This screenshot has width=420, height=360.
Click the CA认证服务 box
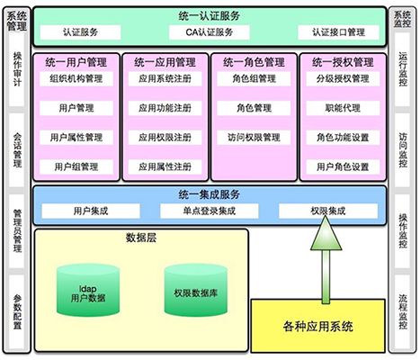pyautogui.click(x=210, y=32)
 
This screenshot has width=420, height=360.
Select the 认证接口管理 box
pyautogui.click(x=338, y=32)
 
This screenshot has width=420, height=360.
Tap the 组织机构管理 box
pyautogui.click(x=76, y=79)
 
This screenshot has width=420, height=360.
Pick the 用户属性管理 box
pyautogui.click(x=76, y=138)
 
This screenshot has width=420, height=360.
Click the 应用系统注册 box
pyautogui.click(x=165, y=79)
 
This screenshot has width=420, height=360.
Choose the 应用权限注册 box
pyautogui.click(x=165, y=138)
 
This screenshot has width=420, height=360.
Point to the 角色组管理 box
pyautogui.click(x=254, y=79)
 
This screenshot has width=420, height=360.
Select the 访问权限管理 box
pyautogui.click(x=254, y=138)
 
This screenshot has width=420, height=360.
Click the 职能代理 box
pyautogui.click(x=343, y=108)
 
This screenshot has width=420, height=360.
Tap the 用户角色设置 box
pyautogui.click(x=343, y=166)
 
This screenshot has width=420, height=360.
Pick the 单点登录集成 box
pyautogui.click(x=210, y=211)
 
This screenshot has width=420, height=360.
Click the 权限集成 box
pyautogui.click(x=328, y=211)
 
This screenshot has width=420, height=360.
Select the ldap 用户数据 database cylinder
pyautogui.click(x=88, y=290)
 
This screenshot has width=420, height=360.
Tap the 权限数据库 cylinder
pyautogui.click(x=196, y=290)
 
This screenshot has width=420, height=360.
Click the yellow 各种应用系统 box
pyautogui.click(x=317, y=326)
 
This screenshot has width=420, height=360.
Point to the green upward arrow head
pyautogui.click(x=326, y=234)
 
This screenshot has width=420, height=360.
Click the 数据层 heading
pyautogui.click(x=141, y=238)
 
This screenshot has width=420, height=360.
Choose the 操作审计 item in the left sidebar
pyautogui.click(x=17, y=69)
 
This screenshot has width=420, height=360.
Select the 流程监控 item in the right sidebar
pyautogui.click(x=403, y=312)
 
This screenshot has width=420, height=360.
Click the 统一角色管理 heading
pyautogui.click(x=254, y=62)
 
